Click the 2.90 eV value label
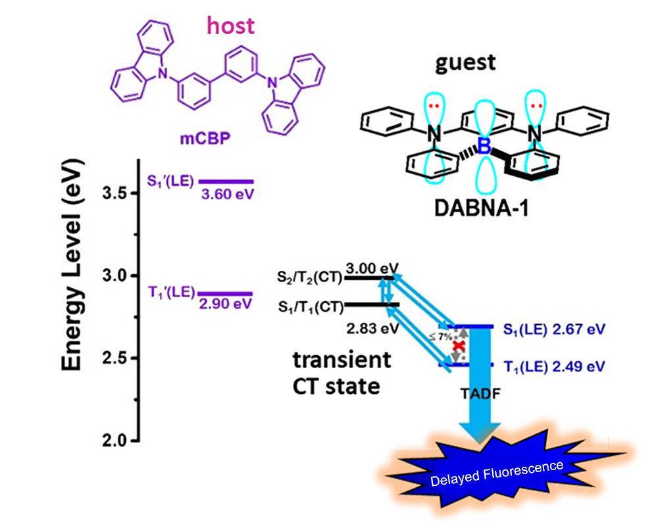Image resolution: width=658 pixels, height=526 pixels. pos(224,304)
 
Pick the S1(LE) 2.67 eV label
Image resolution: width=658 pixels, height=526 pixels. pos(553,327)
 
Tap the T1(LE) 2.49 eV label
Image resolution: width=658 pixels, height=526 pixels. pos(553,366)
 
